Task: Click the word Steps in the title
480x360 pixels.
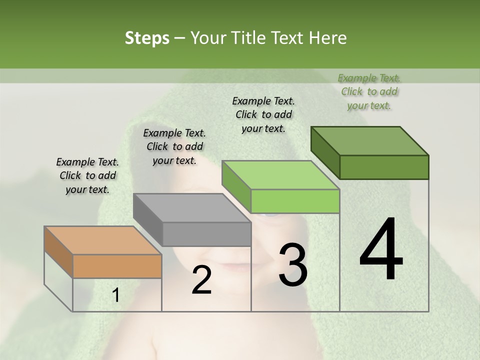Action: point(147,38)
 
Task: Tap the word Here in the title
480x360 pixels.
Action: point(327,38)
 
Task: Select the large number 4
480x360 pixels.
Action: point(381,250)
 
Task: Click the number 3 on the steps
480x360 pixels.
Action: point(293,265)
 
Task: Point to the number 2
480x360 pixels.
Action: point(201,280)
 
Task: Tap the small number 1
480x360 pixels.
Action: point(116,295)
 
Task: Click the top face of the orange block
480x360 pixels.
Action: point(102,240)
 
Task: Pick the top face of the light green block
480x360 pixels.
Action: point(280,175)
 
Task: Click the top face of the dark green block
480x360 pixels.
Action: point(369,141)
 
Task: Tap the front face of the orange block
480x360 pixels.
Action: point(117,266)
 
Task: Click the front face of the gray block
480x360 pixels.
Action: point(206,234)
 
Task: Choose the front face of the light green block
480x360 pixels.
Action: point(295,201)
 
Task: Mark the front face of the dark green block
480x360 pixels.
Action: point(384,167)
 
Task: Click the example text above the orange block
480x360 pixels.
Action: point(87,175)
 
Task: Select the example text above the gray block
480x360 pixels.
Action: point(174,146)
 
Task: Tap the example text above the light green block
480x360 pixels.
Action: point(263,114)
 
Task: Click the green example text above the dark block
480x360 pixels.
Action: point(369,91)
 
